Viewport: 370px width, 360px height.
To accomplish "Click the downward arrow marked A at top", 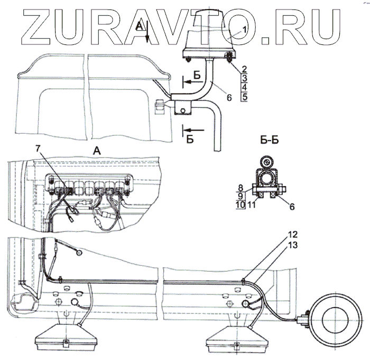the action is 147,34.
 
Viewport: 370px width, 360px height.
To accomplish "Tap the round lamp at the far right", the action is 334,319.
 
